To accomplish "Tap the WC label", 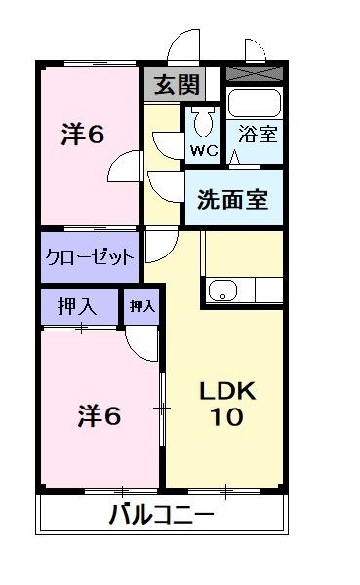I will click(x=204, y=151).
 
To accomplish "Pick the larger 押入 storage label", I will click(x=78, y=307).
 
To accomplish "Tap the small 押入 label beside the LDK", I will click(x=142, y=307).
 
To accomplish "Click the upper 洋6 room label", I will click(x=83, y=135).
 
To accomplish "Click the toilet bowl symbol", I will click(x=203, y=123).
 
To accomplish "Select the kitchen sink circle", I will click(x=220, y=289).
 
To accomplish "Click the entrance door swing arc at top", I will click(x=181, y=47).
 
